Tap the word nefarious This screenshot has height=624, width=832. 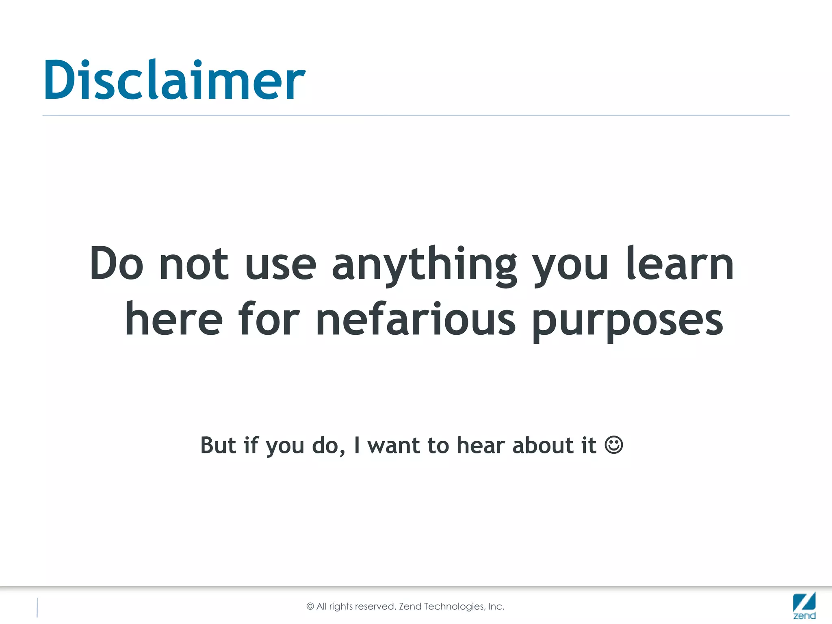(416, 320)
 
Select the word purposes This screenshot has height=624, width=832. (628, 321)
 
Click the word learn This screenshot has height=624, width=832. (680, 264)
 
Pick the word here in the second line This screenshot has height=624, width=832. (174, 320)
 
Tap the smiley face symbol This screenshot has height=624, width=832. (613, 445)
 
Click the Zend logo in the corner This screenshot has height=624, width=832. (804, 605)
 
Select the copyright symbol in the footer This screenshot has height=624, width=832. (310, 607)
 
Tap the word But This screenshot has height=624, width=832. (218, 445)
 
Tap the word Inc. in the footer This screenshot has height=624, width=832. (496, 607)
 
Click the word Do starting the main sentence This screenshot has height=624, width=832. (117, 264)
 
